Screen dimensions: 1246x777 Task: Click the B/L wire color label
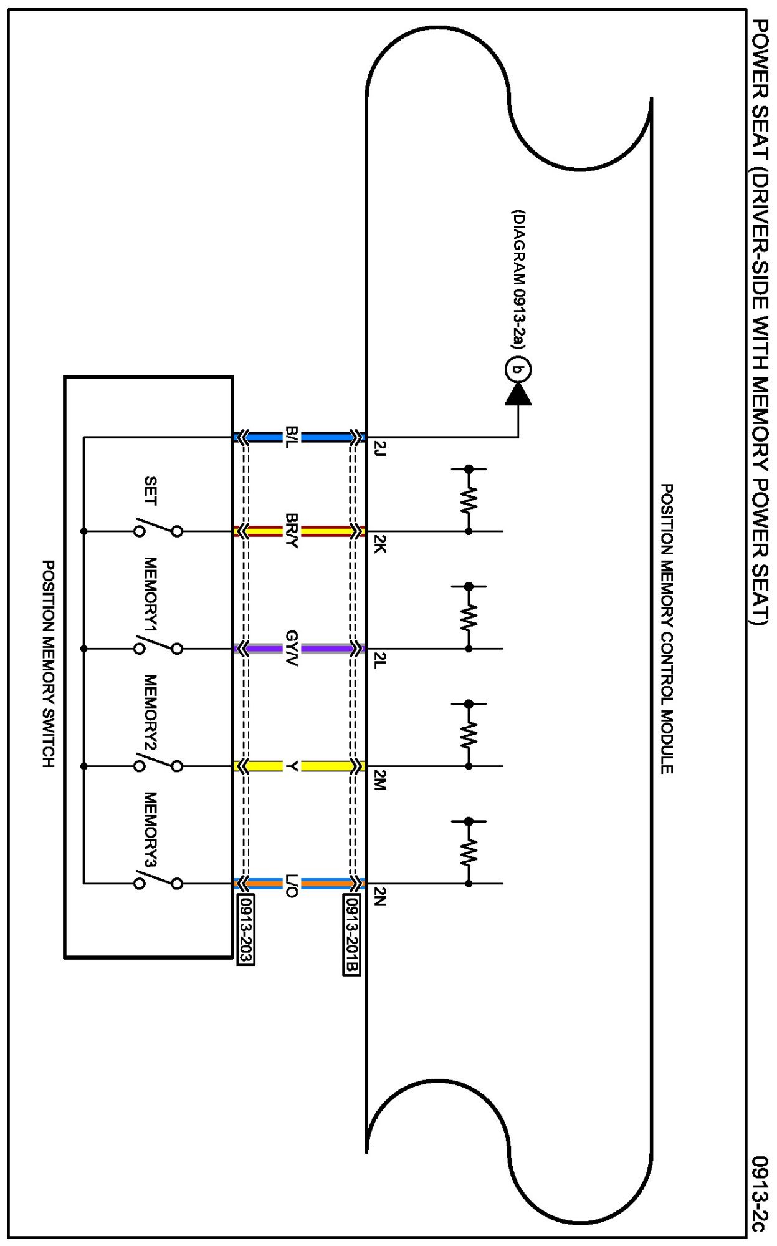(292, 437)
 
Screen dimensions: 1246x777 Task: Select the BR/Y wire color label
(292, 531)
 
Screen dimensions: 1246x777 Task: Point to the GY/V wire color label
(292, 649)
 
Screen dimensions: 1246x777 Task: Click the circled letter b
(517, 370)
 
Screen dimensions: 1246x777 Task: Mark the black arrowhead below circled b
(518, 394)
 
